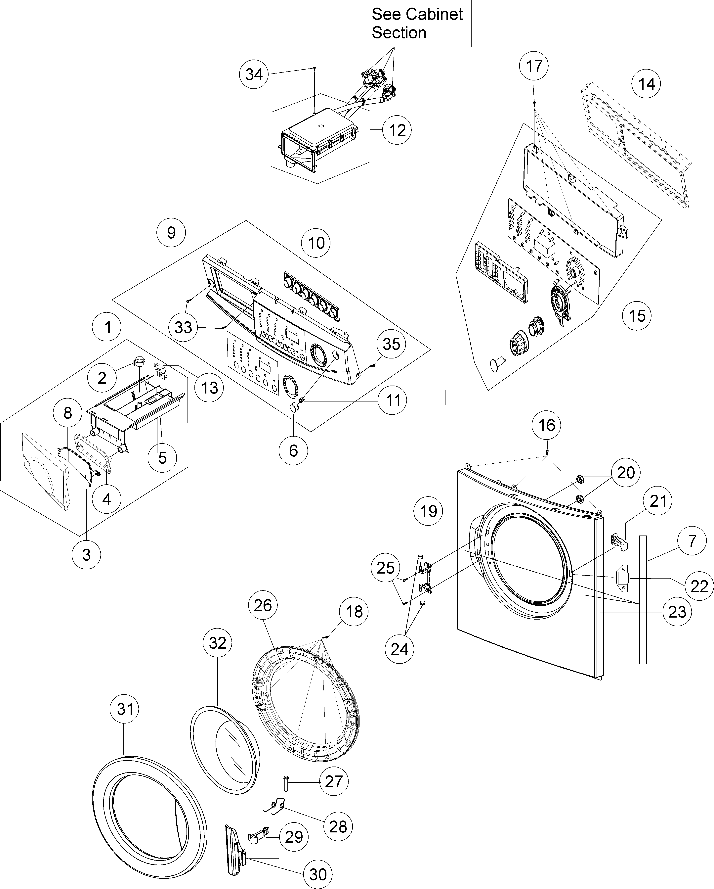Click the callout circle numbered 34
pyautogui.click(x=254, y=75)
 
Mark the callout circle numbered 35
pyautogui.click(x=391, y=344)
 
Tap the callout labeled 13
pyautogui.click(x=209, y=388)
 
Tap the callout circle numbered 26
pyautogui.click(x=263, y=605)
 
